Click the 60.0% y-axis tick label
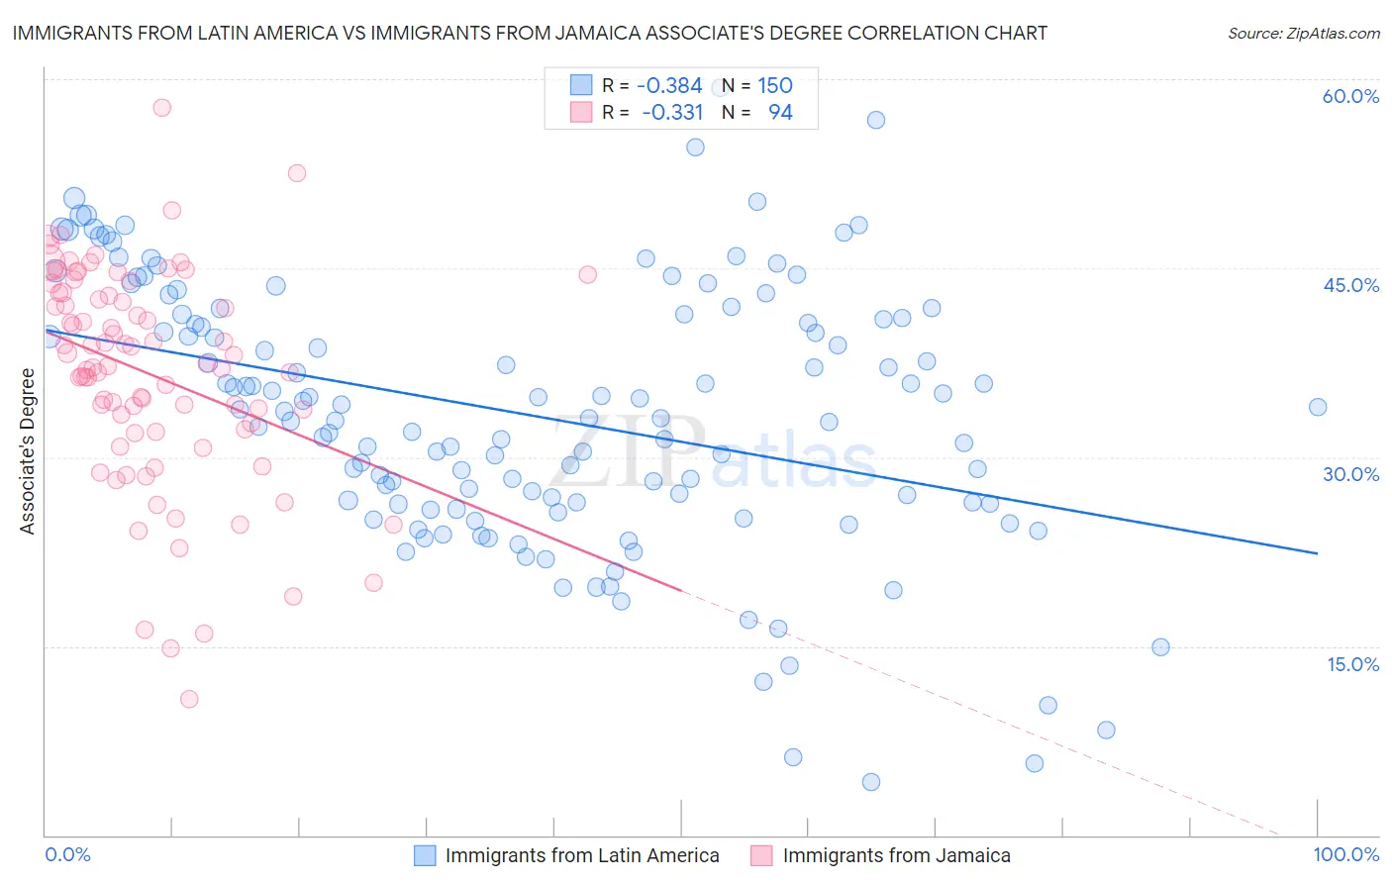tap(1350, 96)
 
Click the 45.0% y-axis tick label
tap(1350, 285)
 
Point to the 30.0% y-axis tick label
tap(1350, 474)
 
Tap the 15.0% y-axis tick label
tap(1352, 664)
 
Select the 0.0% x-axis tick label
tap(67, 854)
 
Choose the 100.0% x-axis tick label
tap(1345, 854)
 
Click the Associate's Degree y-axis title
tap(28, 451)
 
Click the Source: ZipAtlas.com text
tap(1303, 34)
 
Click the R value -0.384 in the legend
tap(669, 86)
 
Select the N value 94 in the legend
tap(780, 113)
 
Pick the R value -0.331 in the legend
tap(671, 113)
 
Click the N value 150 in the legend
tap(775, 86)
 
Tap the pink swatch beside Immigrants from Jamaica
tap(761, 855)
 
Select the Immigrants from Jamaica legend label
tap(896, 855)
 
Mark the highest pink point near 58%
tap(161, 108)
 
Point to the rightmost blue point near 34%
tap(1318, 407)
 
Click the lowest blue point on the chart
tap(871, 782)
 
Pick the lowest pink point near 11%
tap(189, 699)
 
